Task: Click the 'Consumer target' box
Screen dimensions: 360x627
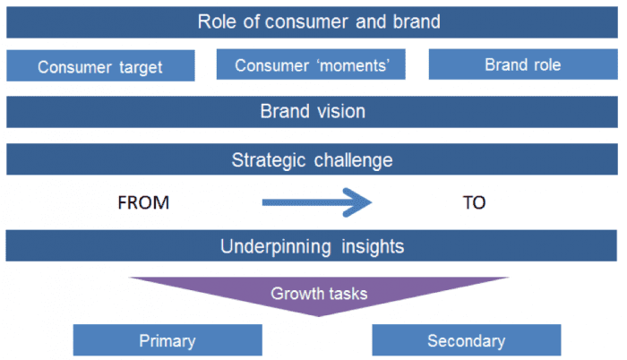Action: point(100,66)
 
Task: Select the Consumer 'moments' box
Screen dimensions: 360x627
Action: point(311,64)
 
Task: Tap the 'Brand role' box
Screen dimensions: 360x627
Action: point(522,64)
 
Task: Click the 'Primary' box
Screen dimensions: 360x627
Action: point(167,340)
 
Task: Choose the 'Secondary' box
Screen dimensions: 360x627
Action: point(466,340)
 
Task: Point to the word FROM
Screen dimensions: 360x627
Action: point(143,203)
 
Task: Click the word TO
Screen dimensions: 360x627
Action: point(474,203)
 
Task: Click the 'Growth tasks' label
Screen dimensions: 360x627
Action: point(319,292)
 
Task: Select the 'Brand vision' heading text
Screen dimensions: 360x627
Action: point(313,112)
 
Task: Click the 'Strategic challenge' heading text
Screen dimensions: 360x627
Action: point(312,160)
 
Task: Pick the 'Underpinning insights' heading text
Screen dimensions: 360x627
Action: point(313,245)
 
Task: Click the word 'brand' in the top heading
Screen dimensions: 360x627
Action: point(414,21)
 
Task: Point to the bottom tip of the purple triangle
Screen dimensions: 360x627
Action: point(319,314)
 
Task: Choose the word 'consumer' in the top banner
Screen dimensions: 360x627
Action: point(300,21)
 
